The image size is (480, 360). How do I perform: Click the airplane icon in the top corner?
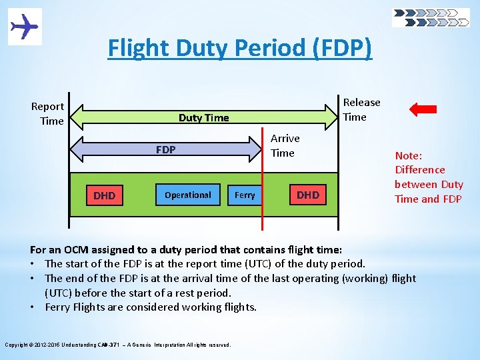point(25,27)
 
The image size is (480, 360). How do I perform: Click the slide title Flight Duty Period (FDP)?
point(240,48)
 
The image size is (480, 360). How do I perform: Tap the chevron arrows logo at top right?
point(431,17)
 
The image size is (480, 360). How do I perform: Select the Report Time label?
point(47,113)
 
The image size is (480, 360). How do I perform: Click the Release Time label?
point(361,109)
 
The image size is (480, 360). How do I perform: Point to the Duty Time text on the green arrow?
point(203,118)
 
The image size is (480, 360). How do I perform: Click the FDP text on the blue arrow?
point(165,150)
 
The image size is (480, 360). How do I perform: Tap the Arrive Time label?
point(285,145)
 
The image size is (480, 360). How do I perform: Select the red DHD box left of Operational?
point(104,195)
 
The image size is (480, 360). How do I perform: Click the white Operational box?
point(187,195)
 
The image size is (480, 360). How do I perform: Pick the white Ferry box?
point(245,195)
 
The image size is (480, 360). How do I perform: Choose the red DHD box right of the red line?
point(307,195)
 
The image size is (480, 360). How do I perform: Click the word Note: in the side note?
point(409,155)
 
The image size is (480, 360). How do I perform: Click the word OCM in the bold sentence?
point(77,250)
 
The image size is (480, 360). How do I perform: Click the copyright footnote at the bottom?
point(117,345)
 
